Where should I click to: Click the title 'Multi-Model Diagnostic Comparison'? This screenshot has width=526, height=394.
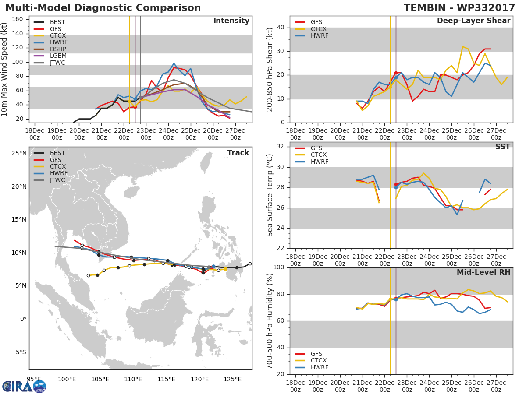(103, 8)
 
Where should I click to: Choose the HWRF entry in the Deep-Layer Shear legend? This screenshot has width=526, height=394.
(319, 36)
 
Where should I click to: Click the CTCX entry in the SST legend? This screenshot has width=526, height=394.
(319, 155)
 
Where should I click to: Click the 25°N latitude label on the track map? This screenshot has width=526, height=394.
(18, 154)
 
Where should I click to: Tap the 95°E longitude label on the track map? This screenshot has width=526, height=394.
(34, 379)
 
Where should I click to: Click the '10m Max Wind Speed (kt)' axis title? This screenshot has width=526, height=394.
(5, 70)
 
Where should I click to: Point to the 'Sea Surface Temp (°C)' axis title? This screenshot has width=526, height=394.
(270, 195)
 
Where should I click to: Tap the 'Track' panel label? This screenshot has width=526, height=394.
(238, 153)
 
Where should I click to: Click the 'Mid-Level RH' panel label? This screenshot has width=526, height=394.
(483, 273)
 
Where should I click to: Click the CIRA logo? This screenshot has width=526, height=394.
(24, 386)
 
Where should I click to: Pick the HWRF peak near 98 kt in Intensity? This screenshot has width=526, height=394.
(174, 63)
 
